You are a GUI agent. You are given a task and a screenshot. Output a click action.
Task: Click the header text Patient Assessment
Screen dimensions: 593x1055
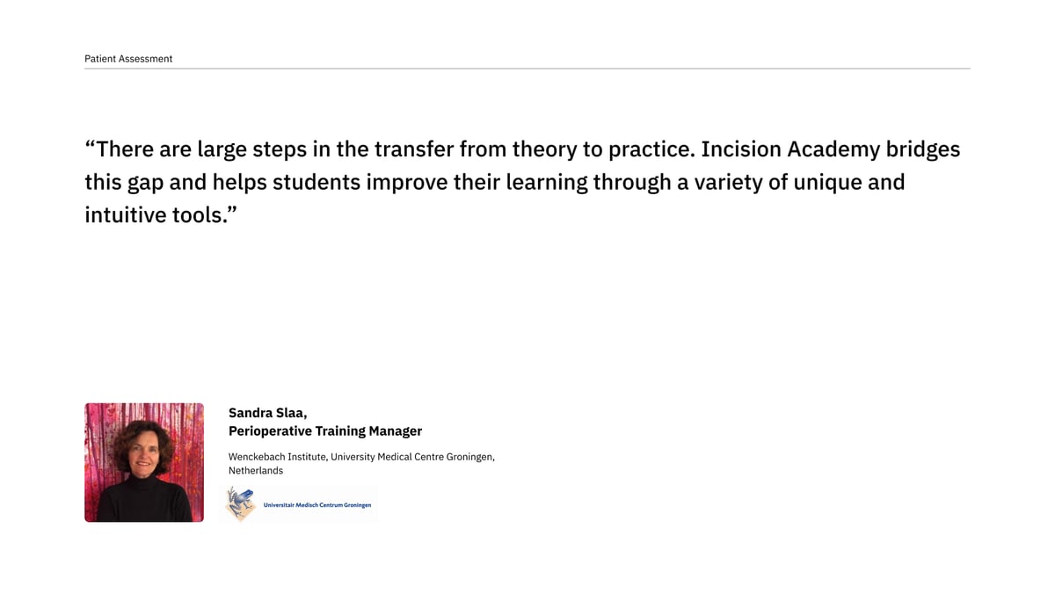(x=128, y=59)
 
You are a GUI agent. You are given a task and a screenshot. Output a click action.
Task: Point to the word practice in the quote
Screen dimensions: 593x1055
(x=648, y=150)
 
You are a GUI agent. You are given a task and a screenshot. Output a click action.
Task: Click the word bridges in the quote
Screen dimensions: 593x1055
(x=922, y=149)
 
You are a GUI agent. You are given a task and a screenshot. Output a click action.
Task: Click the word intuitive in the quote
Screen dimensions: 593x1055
(x=129, y=215)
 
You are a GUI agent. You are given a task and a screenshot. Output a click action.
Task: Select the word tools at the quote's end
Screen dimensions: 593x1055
(x=200, y=215)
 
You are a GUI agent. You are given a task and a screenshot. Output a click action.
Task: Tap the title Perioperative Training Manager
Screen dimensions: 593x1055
(x=325, y=431)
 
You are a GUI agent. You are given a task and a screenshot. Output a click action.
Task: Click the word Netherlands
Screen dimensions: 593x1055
(x=256, y=471)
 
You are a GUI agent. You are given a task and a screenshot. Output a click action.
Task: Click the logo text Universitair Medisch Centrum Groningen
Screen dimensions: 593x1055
(x=316, y=505)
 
